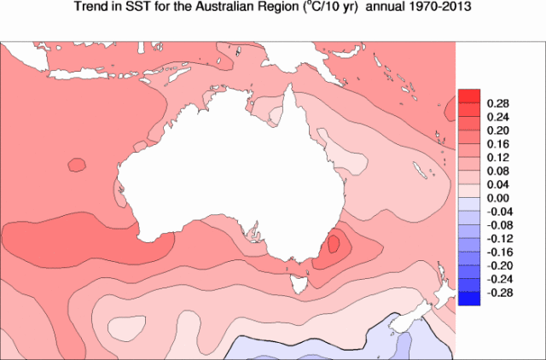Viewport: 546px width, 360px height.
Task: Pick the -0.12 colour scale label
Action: (x=498, y=238)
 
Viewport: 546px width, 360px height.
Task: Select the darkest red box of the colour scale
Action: (x=468, y=96)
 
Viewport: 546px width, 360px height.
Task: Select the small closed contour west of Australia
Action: (x=77, y=164)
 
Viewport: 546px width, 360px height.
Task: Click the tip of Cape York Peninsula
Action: (x=293, y=88)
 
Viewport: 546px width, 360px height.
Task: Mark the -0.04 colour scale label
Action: (x=498, y=211)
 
